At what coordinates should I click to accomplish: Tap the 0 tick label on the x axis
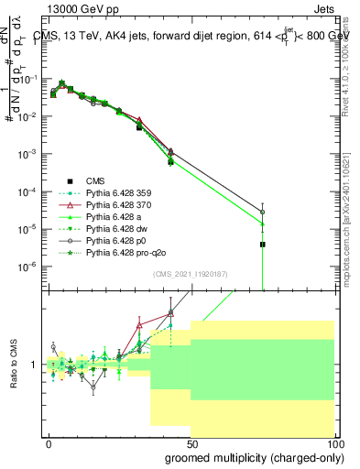49,443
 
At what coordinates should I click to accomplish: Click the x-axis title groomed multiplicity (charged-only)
250,456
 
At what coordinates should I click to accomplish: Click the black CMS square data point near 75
263,245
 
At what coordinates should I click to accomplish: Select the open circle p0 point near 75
263,213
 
